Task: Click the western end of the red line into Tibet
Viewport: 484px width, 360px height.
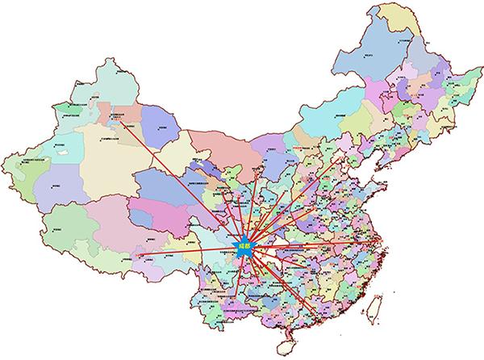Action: click(137, 256)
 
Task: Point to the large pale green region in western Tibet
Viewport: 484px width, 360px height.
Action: click(65, 218)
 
